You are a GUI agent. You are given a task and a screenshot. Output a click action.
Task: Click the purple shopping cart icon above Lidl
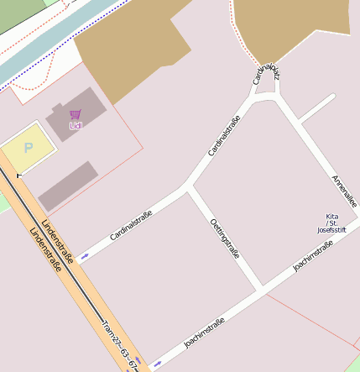coord(76,113)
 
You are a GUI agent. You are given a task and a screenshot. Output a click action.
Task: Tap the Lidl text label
coord(76,126)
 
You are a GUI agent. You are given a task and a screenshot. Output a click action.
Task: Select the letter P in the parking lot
coord(28,148)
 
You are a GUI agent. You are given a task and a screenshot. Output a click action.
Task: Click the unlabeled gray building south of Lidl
coord(68,186)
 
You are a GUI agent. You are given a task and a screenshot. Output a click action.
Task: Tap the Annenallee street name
coord(344,191)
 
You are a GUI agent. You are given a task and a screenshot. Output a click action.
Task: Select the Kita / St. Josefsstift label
coord(331,223)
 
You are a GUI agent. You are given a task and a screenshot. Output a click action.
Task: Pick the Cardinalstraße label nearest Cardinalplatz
coord(224,136)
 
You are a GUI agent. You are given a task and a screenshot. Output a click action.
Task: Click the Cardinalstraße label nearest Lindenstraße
coord(131,226)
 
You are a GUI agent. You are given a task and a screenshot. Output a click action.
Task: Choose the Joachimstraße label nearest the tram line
coord(205,333)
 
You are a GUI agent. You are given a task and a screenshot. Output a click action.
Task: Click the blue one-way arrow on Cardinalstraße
coord(85,254)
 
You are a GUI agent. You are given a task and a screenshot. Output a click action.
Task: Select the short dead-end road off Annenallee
coord(316,108)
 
